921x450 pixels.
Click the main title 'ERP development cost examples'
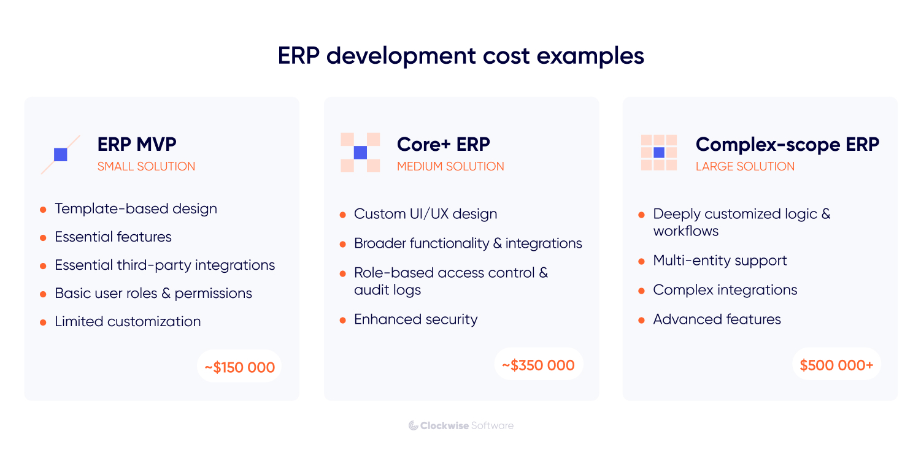[461, 56]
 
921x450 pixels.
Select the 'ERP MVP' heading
[137, 145]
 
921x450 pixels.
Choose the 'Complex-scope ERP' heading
[787, 145]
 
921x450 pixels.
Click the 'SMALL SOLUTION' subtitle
[146, 166]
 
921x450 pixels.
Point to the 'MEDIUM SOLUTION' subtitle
[450, 166]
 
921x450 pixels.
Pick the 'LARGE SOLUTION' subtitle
[745, 166]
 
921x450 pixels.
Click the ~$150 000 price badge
[239, 367]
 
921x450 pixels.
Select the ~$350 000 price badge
[538, 365]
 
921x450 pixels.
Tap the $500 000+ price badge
[836, 365]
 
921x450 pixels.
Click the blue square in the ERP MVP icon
[61, 154]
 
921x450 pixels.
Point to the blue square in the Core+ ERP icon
[360, 153]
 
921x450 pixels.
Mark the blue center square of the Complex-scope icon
[659, 153]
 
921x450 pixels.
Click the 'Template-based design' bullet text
[136, 208]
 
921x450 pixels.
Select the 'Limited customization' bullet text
[128, 321]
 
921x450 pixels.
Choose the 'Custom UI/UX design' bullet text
[425, 214]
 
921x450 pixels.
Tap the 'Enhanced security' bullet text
[415, 319]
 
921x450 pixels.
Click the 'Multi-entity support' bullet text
[720, 261]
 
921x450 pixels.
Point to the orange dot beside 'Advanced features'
[641, 320]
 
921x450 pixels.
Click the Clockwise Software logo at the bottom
[461, 425]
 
